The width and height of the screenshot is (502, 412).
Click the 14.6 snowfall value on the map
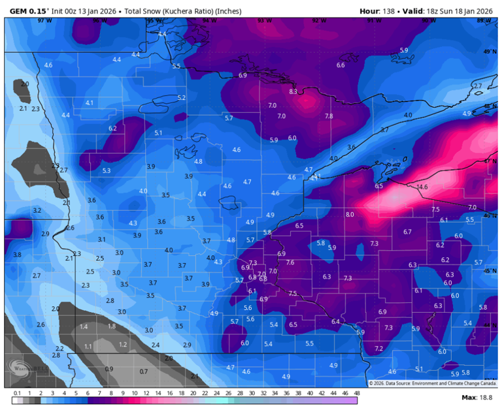tap(422, 187)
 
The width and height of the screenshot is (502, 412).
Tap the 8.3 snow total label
tap(293, 92)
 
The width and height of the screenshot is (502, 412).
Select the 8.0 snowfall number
tap(350, 214)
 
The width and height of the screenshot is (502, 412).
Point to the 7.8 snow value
tap(329, 116)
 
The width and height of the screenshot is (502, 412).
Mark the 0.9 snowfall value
tap(109, 369)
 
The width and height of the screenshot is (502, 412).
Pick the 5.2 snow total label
tap(182, 98)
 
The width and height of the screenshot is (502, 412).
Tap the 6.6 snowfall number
tap(341, 65)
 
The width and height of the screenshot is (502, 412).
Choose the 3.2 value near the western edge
tap(37, 210)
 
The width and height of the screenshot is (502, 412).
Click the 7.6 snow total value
tap(290, 262)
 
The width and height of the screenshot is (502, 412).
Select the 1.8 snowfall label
tap(112, 326)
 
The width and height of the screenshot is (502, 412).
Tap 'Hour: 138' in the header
tap(378, 11)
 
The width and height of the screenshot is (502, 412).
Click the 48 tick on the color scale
tap(356, 394)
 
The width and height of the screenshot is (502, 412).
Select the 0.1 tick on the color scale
tap(17, 394)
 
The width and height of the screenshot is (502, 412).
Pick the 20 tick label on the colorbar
tap(193, 394)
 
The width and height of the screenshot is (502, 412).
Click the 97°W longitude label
tap(44, 21)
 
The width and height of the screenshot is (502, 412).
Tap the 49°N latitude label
tap(489, 52)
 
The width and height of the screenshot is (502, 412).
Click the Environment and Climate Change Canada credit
tap(435, 383)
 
